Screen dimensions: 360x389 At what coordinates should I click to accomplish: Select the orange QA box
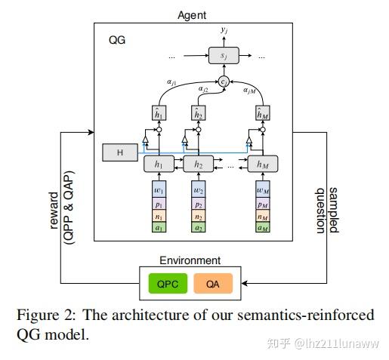point(217,284)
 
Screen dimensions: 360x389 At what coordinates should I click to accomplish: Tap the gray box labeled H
point(119,153)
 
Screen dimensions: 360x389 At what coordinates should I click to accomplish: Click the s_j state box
point(224,56)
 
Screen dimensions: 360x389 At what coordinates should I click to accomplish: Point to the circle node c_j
point(224,81)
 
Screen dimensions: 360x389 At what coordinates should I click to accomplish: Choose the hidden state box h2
point(199,162)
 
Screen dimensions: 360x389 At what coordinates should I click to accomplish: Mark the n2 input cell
point(199,214)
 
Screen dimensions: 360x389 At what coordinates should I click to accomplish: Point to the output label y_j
point(224,31)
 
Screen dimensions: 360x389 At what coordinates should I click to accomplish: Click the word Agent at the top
point(192,14)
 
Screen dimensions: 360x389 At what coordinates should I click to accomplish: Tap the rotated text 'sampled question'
point(326,208)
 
